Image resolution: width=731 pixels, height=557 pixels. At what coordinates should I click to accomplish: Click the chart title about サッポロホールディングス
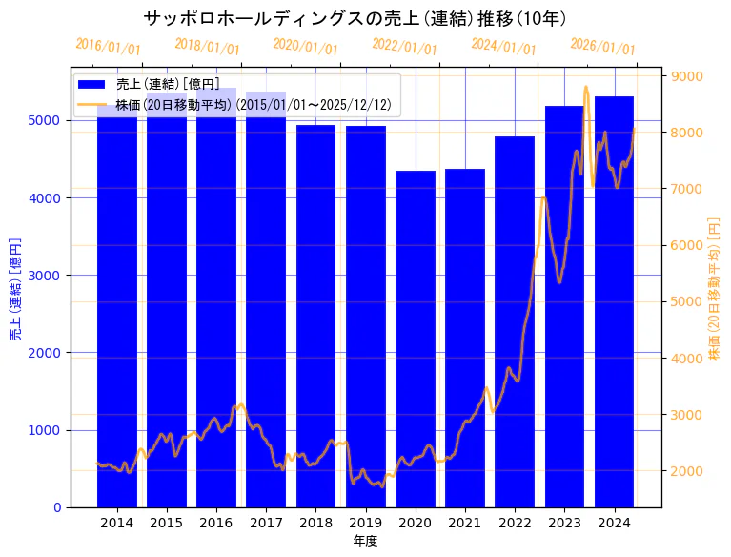tap(355, 18)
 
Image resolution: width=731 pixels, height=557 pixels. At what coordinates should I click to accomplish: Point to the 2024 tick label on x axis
tap(614, 523)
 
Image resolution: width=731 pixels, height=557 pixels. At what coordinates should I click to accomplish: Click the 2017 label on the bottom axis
tap(266, 523)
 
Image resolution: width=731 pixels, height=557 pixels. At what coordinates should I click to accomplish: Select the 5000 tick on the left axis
tap(50, 120)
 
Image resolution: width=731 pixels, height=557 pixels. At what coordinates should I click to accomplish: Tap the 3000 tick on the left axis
tap(50, 275)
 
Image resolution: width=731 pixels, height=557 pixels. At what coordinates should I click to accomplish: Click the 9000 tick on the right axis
tap(687, 76)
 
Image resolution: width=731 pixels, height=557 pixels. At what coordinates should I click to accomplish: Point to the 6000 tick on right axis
tap(687, 245)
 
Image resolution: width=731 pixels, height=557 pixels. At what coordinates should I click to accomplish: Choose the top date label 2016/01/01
tap(108, 47)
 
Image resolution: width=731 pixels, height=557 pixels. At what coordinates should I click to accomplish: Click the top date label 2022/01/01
tap(405, 47)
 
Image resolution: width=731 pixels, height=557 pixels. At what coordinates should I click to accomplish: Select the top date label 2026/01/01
tap(602, 47)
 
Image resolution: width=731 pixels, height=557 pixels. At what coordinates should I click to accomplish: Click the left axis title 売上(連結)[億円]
tap(15, 289)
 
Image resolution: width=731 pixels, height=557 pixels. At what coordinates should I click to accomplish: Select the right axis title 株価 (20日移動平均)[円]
tap(714, 288)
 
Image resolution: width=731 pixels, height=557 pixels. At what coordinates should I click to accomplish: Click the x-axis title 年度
tap(365, 541)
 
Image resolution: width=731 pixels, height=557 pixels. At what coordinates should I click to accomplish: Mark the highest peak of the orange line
tap(586, 87)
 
